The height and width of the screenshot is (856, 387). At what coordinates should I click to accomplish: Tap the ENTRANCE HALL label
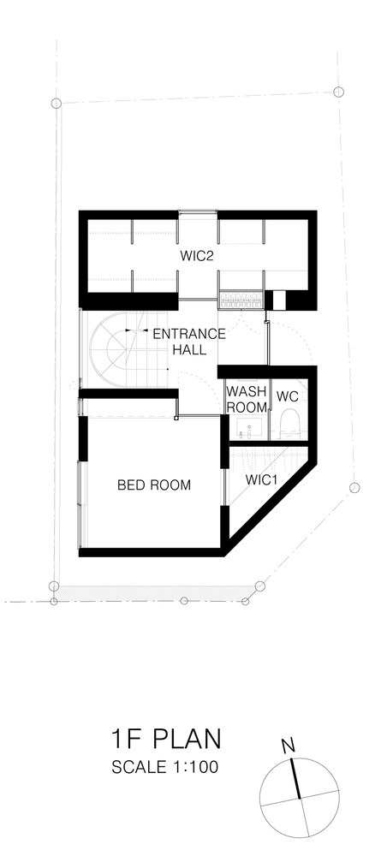(189, 342)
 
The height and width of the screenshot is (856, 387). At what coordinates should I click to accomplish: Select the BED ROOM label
(154, 484)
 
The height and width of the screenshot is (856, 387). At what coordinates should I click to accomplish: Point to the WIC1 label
(262, 480)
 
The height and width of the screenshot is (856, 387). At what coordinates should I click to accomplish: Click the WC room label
(288, 396)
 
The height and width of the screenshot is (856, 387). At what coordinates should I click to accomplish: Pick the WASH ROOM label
(247, 399)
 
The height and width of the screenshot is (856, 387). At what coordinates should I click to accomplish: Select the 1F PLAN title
(166, 739)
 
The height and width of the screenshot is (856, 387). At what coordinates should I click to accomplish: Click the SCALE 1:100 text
(165, 767)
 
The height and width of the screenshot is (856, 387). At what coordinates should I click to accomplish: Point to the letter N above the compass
(289, 745)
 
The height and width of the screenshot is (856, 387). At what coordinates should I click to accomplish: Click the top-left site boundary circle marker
(56, 103)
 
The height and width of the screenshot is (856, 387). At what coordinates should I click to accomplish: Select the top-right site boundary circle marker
(338, 92)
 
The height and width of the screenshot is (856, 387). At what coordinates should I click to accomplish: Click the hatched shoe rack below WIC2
(241, 299)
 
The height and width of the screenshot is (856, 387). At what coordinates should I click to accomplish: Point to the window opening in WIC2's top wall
(198, 215)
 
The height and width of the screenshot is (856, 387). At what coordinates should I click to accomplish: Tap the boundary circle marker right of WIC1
(354, 488)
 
